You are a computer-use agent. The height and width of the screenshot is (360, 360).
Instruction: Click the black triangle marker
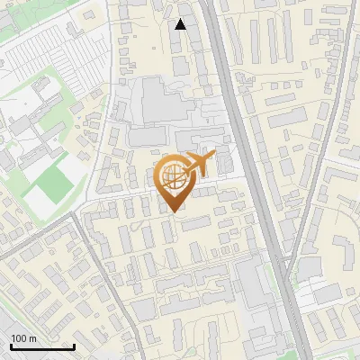coord(181,24)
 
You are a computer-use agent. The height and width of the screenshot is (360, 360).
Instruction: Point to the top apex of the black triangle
coord(181,19)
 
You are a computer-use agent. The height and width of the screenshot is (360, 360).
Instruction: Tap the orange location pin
coord(175,181)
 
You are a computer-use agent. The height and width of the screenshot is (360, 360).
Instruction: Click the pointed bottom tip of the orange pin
coord(175,211)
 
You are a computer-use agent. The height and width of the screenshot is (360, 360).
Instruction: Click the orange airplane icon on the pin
coord(198,165)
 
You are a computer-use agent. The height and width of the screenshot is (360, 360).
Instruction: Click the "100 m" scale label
coord(23,338)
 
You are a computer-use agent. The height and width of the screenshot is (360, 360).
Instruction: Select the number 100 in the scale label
coord(19,338)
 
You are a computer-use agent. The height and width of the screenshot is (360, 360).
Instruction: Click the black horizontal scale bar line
coord(42,346)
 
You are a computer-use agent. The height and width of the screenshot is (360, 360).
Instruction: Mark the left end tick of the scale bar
coord(11,345)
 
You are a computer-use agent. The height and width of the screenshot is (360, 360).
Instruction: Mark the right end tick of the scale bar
coord(74,345)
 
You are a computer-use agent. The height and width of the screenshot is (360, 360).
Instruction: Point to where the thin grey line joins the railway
coord(287,261)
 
